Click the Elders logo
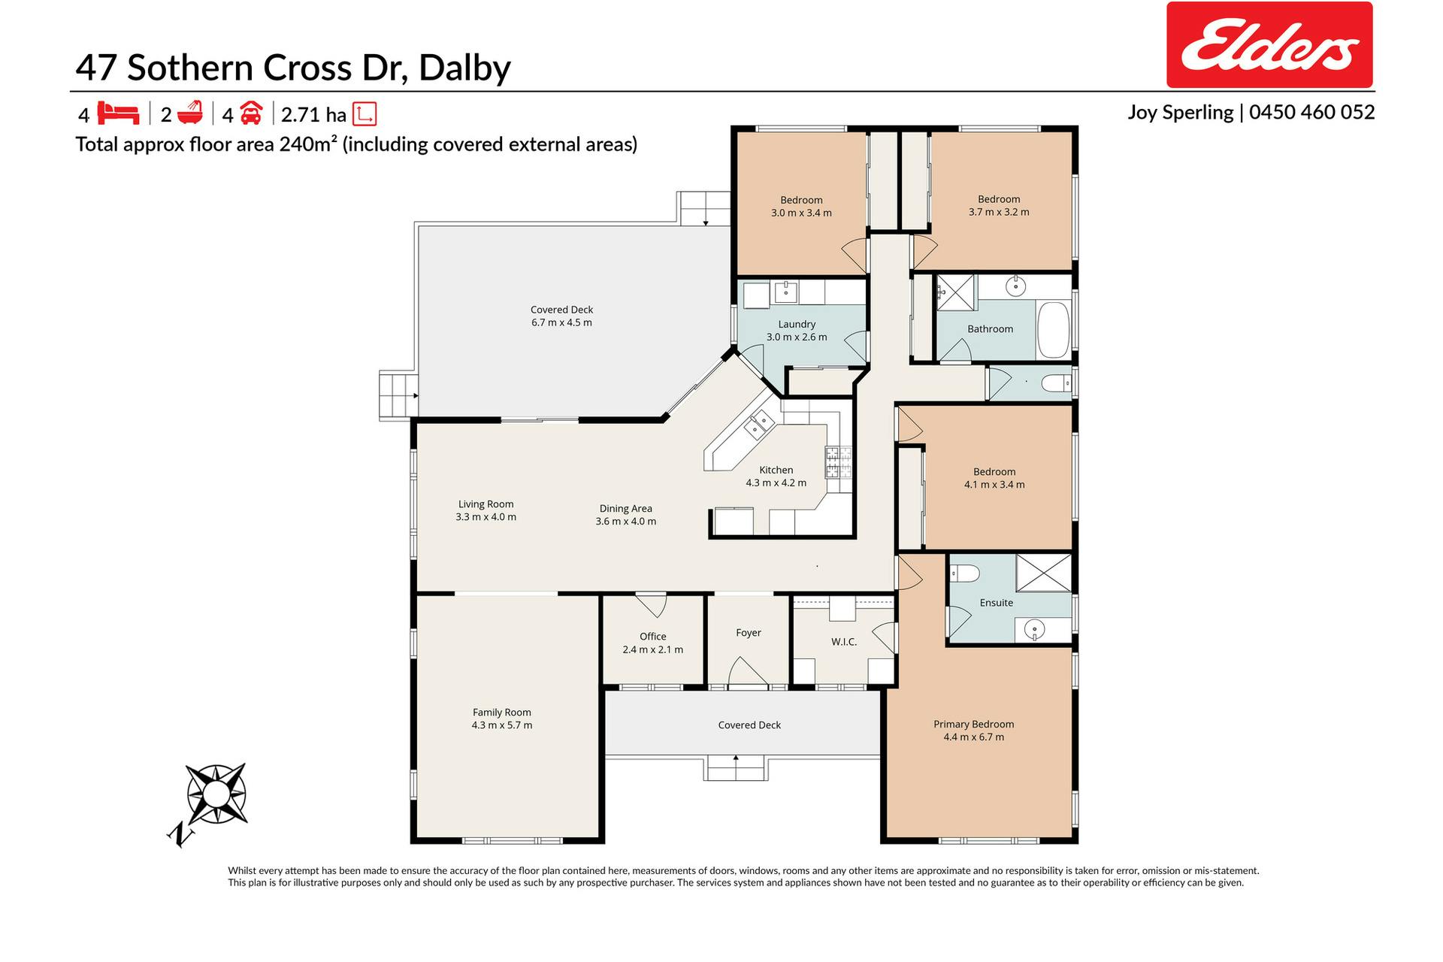[x=1269, y=45]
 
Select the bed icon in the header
[x=118, y=113]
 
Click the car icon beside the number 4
[x=251, y=113]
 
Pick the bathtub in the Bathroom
[x=1054, y=331]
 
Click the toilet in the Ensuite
[x=965, y=574]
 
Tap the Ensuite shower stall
[x=1043, y=573]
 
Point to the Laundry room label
[x=797, y=324]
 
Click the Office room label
[x=652, y=637]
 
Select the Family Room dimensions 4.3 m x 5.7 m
[x=502, y=725]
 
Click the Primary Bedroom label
[x=973, y=724]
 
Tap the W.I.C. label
[x=844, y=642]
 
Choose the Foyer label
[x=749, y=633]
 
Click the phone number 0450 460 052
[x=1312, y=112]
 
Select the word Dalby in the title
[x=464, y=68]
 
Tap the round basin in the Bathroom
[x=1017, y=286]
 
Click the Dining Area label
[x=625, y=509]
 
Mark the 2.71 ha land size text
[x=313, y=115]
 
